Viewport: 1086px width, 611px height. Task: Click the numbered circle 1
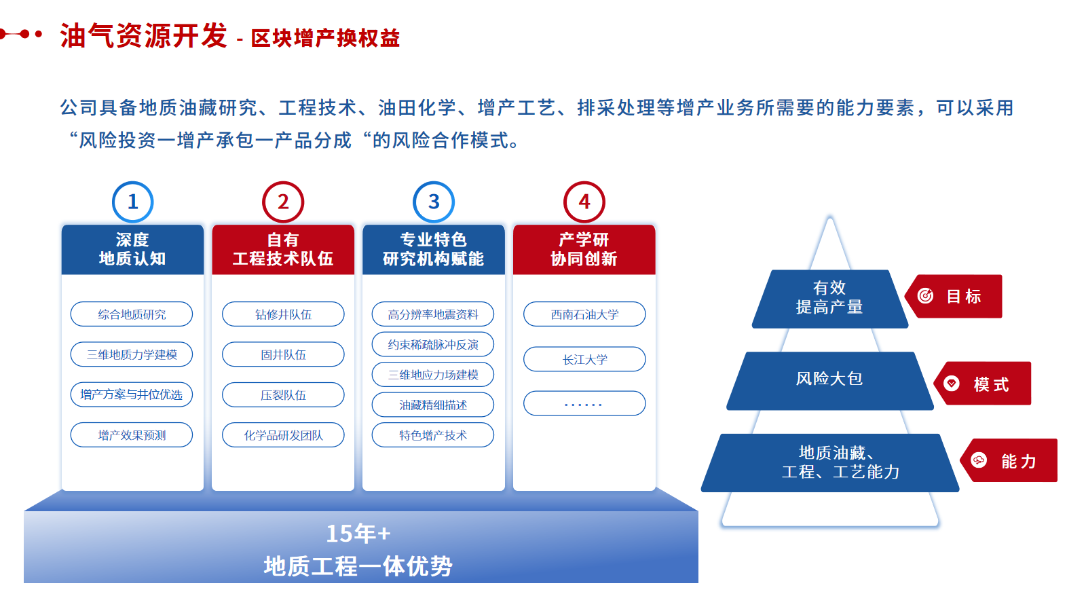[132, 202]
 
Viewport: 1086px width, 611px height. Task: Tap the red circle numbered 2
[283, 202]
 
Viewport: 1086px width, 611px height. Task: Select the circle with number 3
[434, 202]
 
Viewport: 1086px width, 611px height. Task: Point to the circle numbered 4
[584, 202]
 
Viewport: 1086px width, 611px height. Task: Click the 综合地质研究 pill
[132, 314]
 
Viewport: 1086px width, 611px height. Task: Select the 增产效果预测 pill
[132, 435]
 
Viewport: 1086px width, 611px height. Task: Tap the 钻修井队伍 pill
[283, 314]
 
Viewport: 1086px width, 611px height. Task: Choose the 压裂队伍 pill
[283, 395]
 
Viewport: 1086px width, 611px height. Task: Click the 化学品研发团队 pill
[283, 435]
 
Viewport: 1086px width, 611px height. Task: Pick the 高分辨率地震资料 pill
[433, 314]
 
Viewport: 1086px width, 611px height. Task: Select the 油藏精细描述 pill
[433, 405]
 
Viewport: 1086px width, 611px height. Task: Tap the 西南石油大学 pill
[584, 314]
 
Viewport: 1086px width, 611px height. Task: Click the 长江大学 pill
[584, 360]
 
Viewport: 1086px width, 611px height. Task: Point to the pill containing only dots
[584, 403]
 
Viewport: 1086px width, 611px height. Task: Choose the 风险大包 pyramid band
[829, 379]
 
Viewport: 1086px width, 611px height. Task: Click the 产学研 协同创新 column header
[584, 249]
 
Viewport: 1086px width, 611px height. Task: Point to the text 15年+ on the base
[358, 534]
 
